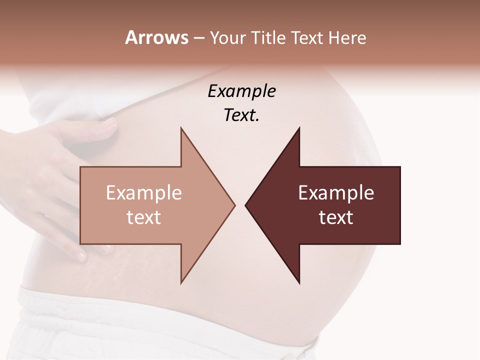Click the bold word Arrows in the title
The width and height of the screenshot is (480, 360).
coord(156,37)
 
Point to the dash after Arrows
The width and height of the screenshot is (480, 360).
coord(198,38)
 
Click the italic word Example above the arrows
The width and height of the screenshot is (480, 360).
coord(241,91)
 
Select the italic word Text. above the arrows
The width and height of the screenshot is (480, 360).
coord(241,115)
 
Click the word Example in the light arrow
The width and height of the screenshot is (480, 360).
coord(144,192)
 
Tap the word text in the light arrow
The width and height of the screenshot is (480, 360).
coord(144,217)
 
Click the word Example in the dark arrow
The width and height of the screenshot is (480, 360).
coord(336,192)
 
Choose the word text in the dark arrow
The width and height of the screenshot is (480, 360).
coord(336,217)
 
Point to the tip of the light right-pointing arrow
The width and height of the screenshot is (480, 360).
coord(234,205)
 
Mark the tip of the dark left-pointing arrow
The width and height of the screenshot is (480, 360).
coord(245,205)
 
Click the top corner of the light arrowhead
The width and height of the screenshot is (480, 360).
coord(181,128)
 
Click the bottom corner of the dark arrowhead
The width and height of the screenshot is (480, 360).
coord(299,283)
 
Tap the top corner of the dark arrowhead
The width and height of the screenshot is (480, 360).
coord(299,128)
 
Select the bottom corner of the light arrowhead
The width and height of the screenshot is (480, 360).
coord(181,283)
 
